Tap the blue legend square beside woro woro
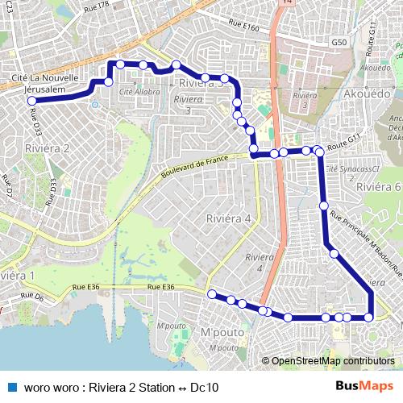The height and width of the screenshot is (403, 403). pos(12,386)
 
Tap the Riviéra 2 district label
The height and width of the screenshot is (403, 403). pos(49,148)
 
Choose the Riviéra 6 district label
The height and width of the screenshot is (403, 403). pos(378,186)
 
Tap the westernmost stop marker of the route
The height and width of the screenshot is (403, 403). pos(31,101)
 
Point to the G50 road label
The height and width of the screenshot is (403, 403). pos(339,42)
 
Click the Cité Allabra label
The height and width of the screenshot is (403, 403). pos(139,93)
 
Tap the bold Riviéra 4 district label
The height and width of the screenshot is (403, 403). pos(229,218)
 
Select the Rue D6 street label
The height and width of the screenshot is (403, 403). pos(32,297)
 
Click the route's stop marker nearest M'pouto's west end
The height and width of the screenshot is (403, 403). pos(212,295)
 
